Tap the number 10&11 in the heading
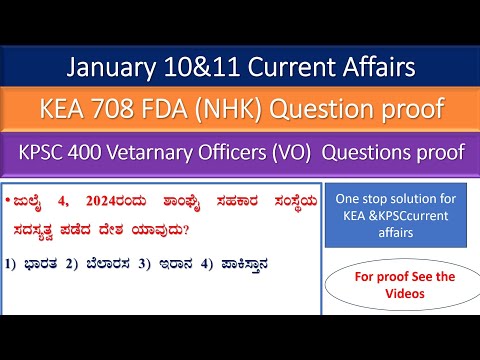pyautogui.click(x=203, y=69)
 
